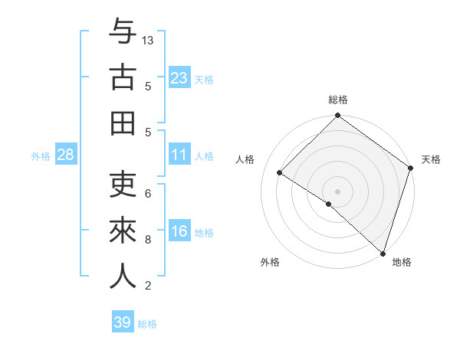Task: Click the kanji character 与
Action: pos(123,33)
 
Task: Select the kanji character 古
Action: pos(123,77)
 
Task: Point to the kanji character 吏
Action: pos(123,186)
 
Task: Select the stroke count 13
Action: pos(149,40)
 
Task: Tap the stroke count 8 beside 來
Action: pos(148,240)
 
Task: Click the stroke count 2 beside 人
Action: pos(148,286)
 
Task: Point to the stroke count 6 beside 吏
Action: pos(148,193)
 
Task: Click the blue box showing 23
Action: pos(179,77)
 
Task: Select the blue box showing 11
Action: pos(179,155)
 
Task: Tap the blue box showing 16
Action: pos(179,231)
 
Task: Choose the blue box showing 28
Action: pos(66,155)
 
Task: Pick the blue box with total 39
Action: pos(123,322)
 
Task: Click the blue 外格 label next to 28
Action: pos(41,155)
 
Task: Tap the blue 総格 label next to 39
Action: pos(147,324)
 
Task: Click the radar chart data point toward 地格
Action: pos(383,253)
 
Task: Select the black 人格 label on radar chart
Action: pos(245,159)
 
